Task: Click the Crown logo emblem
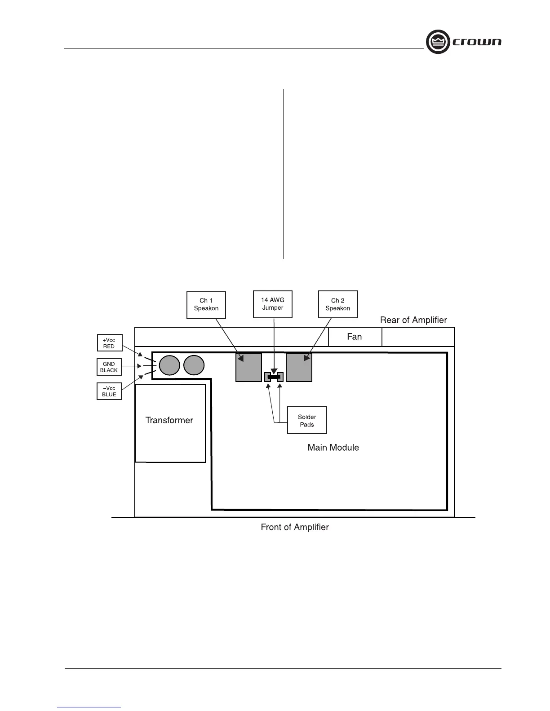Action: coord(438,42)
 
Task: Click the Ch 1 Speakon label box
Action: coord(206,305)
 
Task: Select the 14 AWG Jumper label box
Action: coord(273,304)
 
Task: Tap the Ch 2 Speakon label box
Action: coord(338,305)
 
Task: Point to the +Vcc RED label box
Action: coord(109,343)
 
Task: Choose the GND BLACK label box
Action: coord(109,367)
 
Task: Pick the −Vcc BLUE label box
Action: coord(109,391)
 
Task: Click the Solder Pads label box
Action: coord(307,421)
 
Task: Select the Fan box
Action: coord(355,337)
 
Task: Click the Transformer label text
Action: coord(169,421)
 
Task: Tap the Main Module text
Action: coord(333,448)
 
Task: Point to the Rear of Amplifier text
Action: coord(413,320)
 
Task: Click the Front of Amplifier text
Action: coord(295,527)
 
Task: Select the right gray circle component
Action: coord(194,365)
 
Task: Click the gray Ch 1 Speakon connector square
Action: coord(248,367)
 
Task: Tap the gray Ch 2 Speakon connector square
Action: coord(299,367)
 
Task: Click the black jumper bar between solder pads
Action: coord(274,377)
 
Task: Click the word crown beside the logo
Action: coord(477,42)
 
